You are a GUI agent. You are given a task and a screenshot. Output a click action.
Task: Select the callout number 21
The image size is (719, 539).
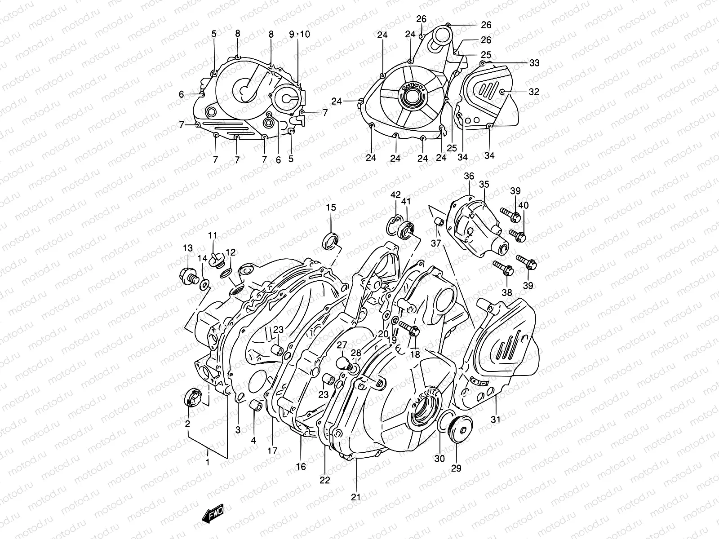click(x=355, y=497)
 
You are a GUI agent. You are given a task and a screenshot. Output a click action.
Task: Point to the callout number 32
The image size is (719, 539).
click(x=533, y=92)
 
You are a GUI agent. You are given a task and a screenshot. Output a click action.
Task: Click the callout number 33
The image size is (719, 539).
click(x=534, y=63)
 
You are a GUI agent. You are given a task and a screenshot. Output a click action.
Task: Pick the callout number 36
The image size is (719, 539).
click(x=469, y=176)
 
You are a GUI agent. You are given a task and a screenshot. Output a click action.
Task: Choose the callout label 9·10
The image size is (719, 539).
click(x=300, y=34)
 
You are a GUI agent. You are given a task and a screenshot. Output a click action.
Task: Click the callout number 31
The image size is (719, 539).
click(x=496, y=420)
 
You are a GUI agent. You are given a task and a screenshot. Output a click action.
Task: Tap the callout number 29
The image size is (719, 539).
click(x=456, y=468)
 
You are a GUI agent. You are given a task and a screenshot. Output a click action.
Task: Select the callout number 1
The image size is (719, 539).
click(x=207, y=461)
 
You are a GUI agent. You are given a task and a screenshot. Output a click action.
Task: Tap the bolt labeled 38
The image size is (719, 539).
click(x=504, y=268)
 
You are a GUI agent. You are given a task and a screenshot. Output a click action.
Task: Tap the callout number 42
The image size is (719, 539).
click(x=395, y=195)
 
